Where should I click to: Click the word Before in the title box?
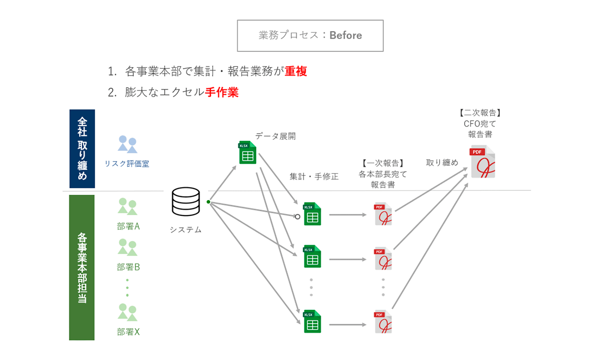(x=346, y=35)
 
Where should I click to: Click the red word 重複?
(x=296, y=71)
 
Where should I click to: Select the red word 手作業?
(x=222, y=92)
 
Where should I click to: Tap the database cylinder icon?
(x=186, y=201)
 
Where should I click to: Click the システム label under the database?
(x=186, y=230)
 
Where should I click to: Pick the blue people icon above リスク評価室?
(x=127, y=144)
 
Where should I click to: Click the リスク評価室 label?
(x=127, y=164)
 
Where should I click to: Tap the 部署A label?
(x=128, y=226)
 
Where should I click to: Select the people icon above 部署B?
(x=127, y=247)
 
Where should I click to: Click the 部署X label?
(x=128, y=332)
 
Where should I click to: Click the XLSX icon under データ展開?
(x=247, y=153)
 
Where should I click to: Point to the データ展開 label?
(x=275, y=136)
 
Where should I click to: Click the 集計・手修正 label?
(x=314, y=176)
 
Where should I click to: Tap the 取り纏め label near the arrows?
(x=442, y=163)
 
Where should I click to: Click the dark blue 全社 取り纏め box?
(x=82, y=148)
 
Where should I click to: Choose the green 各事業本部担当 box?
(x=82, y=267)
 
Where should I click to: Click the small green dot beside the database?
(x=208, y=202)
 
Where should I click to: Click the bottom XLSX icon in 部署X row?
(x=312, y=321)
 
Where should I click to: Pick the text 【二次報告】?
(x=480, y=113)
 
